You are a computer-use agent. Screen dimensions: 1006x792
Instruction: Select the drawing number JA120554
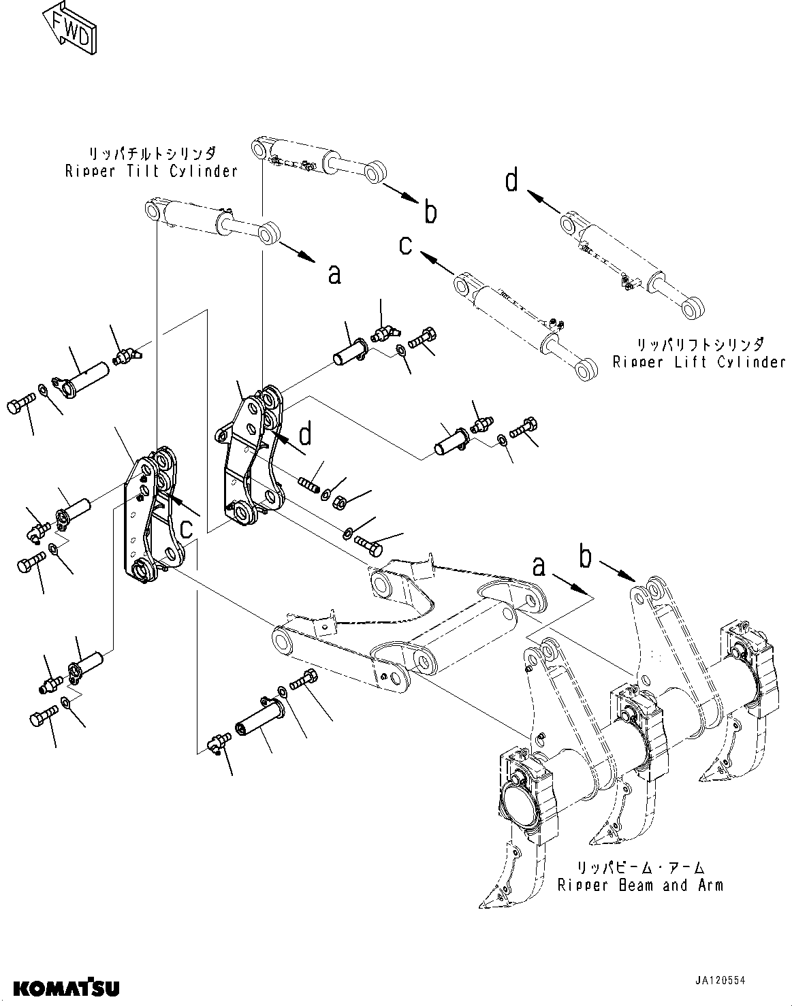(720, 981)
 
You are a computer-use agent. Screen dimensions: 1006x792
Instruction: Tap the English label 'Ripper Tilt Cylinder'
(151, 171)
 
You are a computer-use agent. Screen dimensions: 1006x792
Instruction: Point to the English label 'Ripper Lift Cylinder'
(699, 362)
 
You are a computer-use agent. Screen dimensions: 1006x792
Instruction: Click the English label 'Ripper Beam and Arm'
(639, 885)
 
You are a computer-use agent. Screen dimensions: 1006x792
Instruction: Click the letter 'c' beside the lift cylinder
(406, 245)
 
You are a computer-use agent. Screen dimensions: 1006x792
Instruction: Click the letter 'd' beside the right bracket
(306, 433)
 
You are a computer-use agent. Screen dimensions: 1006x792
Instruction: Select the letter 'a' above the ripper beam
(539, 565)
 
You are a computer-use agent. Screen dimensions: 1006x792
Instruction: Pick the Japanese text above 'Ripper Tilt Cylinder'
(151, 152)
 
